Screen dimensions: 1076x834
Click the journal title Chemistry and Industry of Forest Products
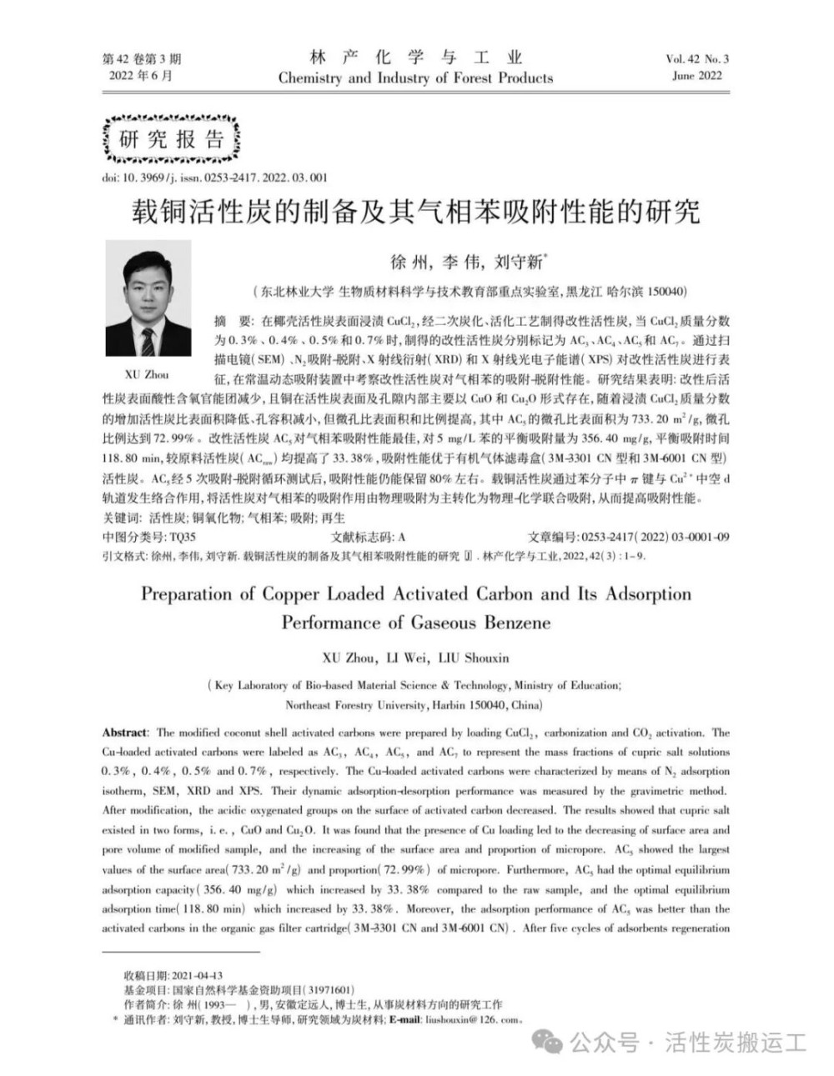coord(415,78)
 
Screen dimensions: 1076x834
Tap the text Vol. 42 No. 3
coord(697,59)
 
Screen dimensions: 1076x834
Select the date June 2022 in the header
coord(697,76)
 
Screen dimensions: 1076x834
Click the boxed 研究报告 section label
coord(171,139)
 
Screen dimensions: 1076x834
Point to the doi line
coord(214,178)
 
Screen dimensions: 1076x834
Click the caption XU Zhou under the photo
coord(147,374)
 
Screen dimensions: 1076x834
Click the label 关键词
coord(120,518)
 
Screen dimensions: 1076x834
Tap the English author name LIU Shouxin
coord(475,658)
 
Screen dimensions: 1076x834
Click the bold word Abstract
coord(124,733)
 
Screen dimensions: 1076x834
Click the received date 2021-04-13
coord(197,974)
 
